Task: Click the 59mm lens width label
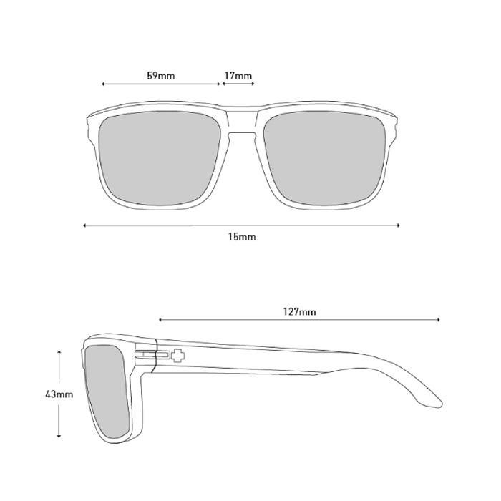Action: point(161,76)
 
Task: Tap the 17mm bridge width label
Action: point(238,76)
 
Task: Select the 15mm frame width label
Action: point(242,237)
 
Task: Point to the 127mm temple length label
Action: point(299,311)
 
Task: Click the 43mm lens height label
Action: point(59,394)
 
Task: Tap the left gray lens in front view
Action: point(160,158)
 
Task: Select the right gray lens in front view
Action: point(324,158)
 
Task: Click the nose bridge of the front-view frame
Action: point(242,123)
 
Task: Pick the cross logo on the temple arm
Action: point(177,355)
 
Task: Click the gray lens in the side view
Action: point(107,391)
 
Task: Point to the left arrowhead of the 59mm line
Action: point(103,84)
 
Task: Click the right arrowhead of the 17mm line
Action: point(253,84)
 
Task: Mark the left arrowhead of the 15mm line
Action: point(84,225)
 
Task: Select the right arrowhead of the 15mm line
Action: point(398,225)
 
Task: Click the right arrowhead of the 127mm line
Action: point(439,319)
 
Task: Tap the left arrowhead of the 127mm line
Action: point(160,319)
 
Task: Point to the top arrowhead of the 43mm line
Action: point(59,351)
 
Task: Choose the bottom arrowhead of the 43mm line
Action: point(59,435)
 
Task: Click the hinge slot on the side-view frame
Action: point(152,354)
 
